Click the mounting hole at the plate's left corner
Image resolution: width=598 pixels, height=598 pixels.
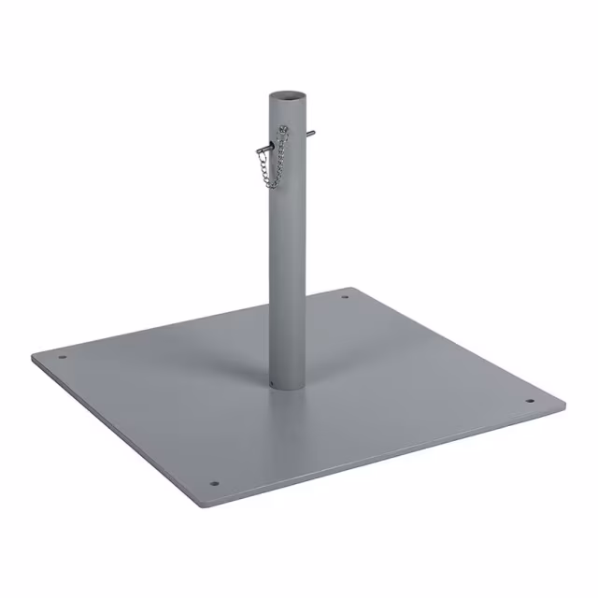point(63,356)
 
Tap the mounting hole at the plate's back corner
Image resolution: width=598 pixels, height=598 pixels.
point(345,298)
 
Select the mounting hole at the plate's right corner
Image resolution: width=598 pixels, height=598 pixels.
point(528,402)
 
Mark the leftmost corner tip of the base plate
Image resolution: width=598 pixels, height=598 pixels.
point(31,356)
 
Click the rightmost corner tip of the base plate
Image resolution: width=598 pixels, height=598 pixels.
point(565,406)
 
